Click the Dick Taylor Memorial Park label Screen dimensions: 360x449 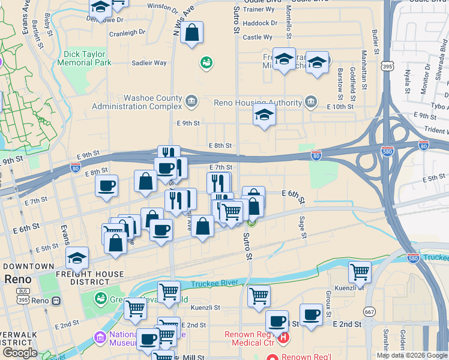pyautogui.click(x=88, y=58)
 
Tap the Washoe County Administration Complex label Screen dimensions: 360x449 pyautogui.click(x=136, y=102)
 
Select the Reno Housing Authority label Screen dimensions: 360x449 pyautogui.click(x=258, y=102)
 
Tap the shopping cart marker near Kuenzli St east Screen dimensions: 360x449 pyautogui.click(x=360, y=271)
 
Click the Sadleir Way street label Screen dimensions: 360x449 pyautogui.click(x=149, y=62)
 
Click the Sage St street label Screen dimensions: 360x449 pyautogui.click(x=302, y=226)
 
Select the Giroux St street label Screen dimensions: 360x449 pyautogui.click(x=328, y=305)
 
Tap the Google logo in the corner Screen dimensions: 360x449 pyautogui.click(x=20, y=353)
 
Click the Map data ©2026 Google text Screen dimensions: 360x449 pyautogui.click(x=411, y=355)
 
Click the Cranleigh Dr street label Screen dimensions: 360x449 pyautogui.click(x=127, y=32)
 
